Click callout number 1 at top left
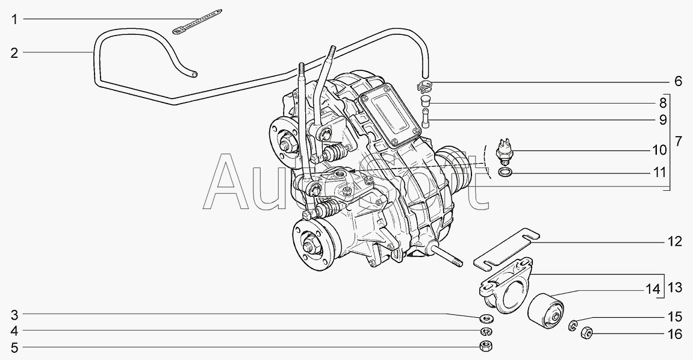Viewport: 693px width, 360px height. (14, 19)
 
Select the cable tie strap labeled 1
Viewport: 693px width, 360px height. (197, 20)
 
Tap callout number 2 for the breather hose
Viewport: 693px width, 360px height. (14, 54)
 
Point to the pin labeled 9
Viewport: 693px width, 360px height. (426, 118)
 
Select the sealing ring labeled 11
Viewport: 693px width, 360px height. (506, 172)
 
